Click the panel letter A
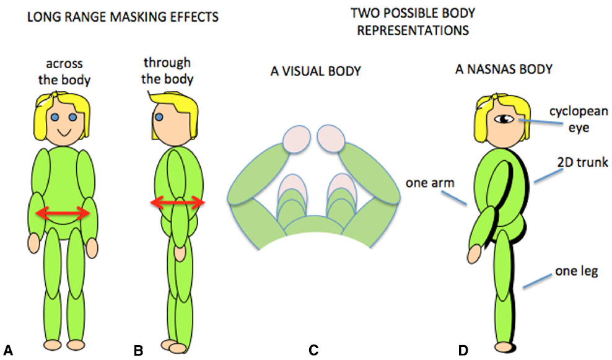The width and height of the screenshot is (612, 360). point(9,351)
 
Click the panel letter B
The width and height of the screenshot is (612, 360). point(139,351)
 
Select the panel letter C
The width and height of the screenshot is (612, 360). point(313,351)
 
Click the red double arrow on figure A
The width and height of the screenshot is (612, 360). point(63,213)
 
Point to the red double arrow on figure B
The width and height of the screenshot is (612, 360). point(178,203)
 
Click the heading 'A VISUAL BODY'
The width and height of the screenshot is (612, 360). point(315,72)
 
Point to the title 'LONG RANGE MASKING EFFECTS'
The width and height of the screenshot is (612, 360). point(121,17)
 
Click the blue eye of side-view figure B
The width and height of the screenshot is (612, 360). point(160,116)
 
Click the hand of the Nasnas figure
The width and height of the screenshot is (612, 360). point(475,253)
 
